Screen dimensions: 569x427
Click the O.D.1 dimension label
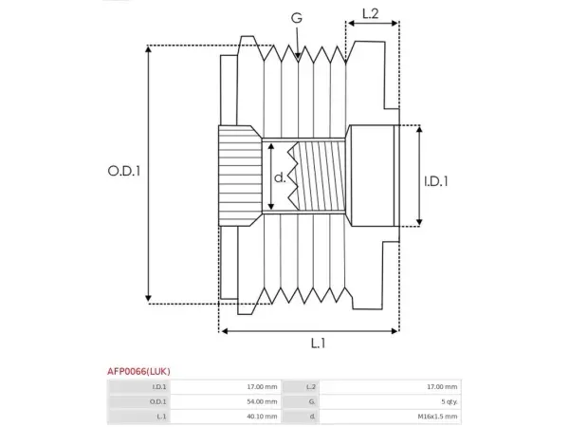(x=124, y=171)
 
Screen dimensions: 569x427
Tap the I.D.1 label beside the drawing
(x=436, y=181)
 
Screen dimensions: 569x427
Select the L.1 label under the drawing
(x=319, y=343)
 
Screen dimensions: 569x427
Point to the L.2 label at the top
(x=371, y=14)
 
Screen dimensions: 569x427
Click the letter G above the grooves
(x=297, y=18)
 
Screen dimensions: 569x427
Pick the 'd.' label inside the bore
(x=280, y=177)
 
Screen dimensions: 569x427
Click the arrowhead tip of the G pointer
(x=298, y=59)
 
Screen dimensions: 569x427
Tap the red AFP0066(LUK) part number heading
(x=138, y=371)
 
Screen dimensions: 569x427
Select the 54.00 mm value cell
(x=226, y=401)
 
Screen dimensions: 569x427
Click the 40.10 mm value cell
(x=226, y=417)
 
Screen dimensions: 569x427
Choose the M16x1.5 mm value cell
(x=391, y=417)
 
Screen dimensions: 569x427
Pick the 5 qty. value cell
(x=391, y=401)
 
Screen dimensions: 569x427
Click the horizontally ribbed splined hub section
(x=240, y=176)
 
